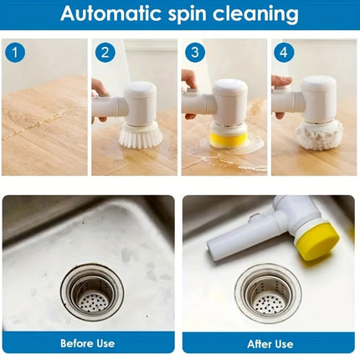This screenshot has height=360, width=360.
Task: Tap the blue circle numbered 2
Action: tap(105, 53)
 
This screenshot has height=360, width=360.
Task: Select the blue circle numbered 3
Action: tap(194, 53)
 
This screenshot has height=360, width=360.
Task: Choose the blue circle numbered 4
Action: tap(284, 53)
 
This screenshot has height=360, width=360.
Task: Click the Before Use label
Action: tap(88, 343)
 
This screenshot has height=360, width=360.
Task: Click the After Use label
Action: tap(270, 343)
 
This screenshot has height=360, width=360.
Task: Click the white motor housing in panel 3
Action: tap(229, 100)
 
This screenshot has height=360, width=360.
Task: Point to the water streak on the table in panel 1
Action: tap(33, 126)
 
